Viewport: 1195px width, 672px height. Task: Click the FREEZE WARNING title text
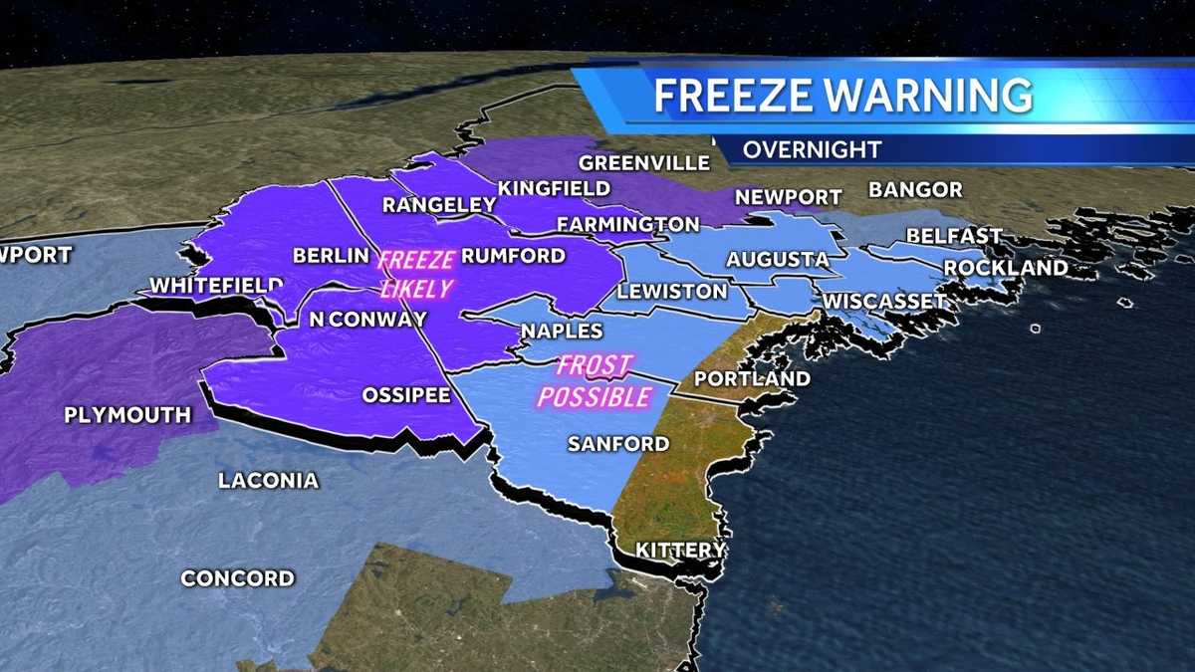tap(842, 95)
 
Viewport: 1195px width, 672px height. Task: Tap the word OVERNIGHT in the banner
tap(812, 149)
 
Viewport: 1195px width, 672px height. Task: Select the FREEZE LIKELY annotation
tap(416, 274)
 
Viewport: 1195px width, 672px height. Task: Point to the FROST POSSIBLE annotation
tap(595, 381)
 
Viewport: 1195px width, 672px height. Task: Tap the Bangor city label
tap(915, 189)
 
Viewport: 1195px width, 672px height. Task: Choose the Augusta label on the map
tap(778, 260)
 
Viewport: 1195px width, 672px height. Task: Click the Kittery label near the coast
tap(681, 550)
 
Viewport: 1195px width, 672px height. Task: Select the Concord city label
tap(238, 578)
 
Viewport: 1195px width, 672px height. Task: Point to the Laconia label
tap(269, 481)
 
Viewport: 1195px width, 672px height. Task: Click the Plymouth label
tap(127, 415)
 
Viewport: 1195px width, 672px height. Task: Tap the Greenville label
tap(644, 162)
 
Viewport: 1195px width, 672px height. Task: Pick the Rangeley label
tap(439, 205)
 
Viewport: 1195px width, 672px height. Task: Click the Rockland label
tap(1006, 268)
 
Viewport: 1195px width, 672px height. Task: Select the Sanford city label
tap(618, 444)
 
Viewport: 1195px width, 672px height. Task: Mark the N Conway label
tap(367, 320)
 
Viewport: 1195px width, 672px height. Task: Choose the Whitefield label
tap(216, 286)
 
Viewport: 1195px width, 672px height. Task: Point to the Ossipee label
tap(406, 394)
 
